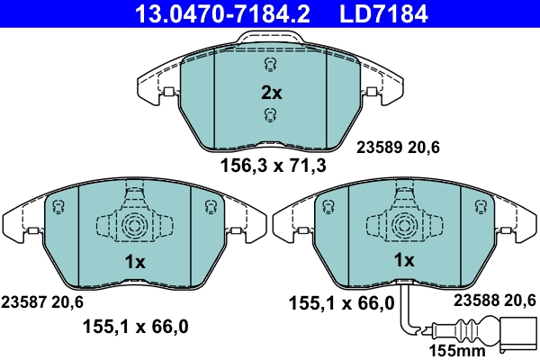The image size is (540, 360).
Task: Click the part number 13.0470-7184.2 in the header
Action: pyautogui.click(x=209, y=13)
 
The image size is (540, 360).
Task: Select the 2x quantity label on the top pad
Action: pyautogui.click(x=271, y=92)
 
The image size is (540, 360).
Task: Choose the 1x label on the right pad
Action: pyautogui.click(x=404, y=260)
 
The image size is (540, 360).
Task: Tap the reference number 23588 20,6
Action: pyautogui.click(x=495, y=300)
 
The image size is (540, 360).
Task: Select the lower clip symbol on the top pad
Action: pyautogui.click(x=270, y=113)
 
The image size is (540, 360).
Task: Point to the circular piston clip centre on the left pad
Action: pyautogui.click(x=133, y=224)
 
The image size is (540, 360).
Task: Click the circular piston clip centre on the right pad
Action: pyautogui.click(x=403, y=224)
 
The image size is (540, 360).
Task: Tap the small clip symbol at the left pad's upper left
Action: pyautogui.click(x=59, y=207)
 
